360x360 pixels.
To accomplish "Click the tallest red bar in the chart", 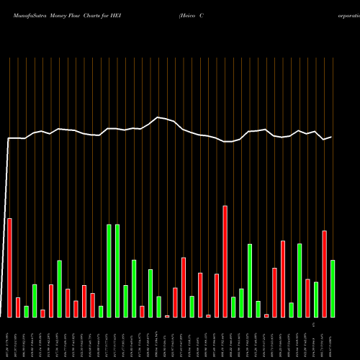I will coord(225,261).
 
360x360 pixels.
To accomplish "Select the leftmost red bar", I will coord(9,267).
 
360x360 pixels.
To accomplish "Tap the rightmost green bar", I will coord(333,288).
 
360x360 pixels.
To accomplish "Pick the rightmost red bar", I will coord(325,274).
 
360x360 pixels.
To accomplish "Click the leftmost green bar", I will coord(26,311).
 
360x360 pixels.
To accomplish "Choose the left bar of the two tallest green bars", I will coord(109,271).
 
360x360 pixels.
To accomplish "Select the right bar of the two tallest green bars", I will coord(117,271).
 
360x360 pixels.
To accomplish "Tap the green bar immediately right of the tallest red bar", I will coord(233,307).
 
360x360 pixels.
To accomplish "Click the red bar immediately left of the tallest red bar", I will coord(217,295).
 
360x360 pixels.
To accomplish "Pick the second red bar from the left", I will coord(18,307).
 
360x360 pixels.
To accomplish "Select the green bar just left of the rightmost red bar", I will coord(316,299).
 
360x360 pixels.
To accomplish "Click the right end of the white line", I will coord(331,137).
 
